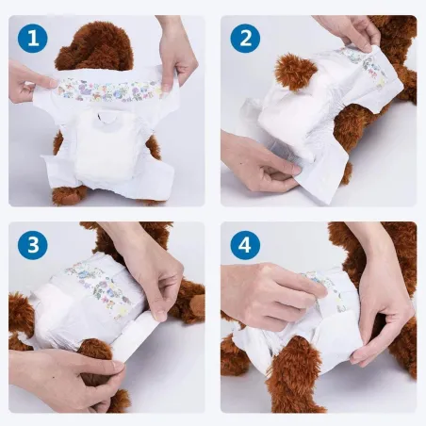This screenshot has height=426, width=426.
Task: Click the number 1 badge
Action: point(34,39)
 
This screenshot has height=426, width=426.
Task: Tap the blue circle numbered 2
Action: point(246,39)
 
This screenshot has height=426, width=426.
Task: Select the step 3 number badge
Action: point(34,245)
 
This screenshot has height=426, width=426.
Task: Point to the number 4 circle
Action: point(246,245)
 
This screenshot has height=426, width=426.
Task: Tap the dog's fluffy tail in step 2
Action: point(294,72)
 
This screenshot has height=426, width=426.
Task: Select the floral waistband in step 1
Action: point(104,90)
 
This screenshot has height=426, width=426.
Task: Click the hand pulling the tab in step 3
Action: point(66,372)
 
